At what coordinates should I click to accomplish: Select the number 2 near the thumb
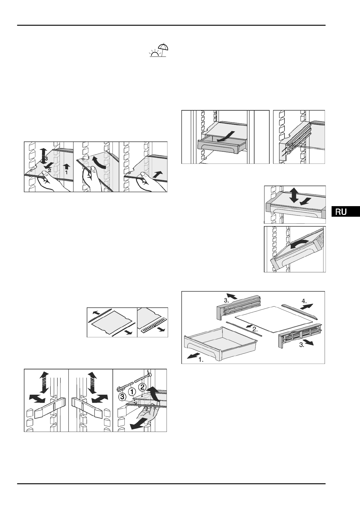49,170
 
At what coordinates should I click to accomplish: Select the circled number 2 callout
142,387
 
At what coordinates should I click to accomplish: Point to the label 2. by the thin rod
256,329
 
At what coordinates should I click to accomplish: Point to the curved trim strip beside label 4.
300,311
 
